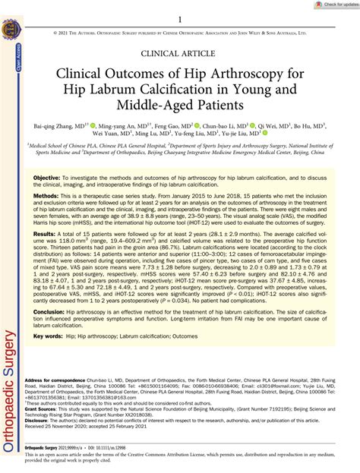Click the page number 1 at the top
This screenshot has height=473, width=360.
tap(180, 20)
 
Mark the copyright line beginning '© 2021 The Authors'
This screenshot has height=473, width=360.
tap(180, 34)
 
